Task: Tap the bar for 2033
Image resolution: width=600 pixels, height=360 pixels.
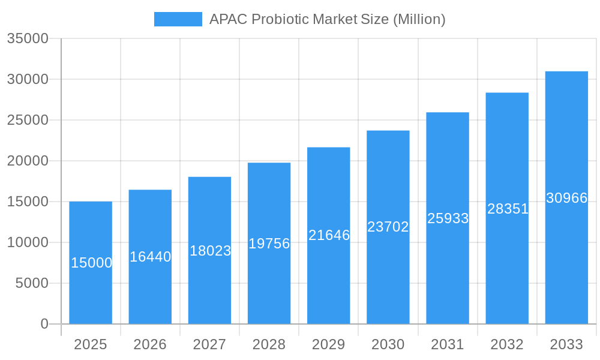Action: point(566,252)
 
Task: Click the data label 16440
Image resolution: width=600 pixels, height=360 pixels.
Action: point(151,257)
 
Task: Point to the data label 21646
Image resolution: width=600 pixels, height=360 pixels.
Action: point(329,235)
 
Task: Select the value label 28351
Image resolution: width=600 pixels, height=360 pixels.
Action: point(508,209)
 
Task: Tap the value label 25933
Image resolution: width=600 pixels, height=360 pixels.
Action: point(448,218)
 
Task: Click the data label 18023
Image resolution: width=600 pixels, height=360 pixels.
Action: point(210,251)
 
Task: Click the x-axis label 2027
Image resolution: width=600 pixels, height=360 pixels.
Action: point(209,344)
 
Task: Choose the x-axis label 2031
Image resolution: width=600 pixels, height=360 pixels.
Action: point(448,344)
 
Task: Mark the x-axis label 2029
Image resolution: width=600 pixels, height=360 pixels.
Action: point(329,344)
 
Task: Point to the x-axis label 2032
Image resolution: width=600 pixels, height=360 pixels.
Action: point(507,344)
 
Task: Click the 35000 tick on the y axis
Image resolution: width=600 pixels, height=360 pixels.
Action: point(27,38)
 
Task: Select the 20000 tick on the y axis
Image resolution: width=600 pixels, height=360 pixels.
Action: point(27,161)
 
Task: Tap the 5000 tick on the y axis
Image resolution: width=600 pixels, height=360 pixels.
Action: point(32,283)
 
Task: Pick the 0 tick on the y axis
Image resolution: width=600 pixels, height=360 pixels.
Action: point(44,324)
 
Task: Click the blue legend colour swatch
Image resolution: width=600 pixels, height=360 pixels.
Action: point(178,19)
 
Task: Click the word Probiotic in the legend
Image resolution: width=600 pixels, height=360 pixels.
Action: point(280,19)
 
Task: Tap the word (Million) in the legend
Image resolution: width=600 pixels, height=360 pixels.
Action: point(419,19)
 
